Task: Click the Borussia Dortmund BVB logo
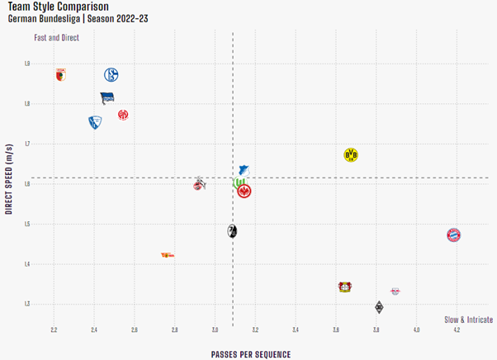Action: point(351,155)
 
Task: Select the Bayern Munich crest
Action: point(453,235)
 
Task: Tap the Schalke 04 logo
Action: point(112,75)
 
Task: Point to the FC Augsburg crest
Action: point(60,75)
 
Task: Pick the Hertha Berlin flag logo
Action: point(107,97)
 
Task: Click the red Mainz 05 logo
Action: point(123,115)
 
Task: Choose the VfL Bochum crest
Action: point(95,122)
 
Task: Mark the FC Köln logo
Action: point(199,183)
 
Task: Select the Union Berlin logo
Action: point(168,255)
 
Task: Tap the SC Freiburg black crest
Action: point(232,231)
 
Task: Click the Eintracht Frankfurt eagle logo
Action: point(244,192)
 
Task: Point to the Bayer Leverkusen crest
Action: point(345,287)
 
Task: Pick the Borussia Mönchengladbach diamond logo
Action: point(379,308)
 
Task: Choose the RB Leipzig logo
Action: point(396,291)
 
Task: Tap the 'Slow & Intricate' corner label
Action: point(468,320)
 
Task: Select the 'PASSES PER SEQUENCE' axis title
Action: point(250,354)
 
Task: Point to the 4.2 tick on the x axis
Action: point(457,330)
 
